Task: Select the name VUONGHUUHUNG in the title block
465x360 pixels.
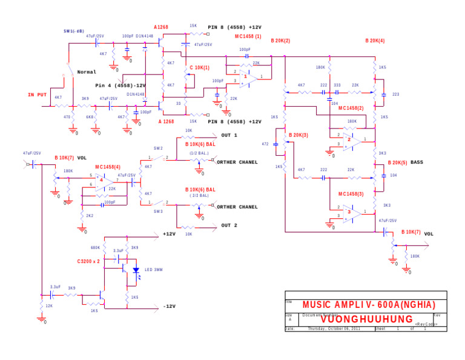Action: point(366,319)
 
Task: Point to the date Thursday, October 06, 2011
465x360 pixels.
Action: point(334,328)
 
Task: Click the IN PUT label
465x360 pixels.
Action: point(37,95)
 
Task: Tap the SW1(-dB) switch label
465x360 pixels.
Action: point(74,31)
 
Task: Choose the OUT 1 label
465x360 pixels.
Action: point(229,135)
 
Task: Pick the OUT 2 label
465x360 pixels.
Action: point(229,225)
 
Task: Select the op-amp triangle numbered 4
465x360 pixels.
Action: point(103,180)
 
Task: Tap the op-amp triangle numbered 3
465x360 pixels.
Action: point(351,213)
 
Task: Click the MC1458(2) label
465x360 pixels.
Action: point(351,108)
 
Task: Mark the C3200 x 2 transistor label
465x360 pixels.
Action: point(88,261)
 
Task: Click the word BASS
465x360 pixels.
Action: point(417,162)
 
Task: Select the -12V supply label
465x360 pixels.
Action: point(169,306)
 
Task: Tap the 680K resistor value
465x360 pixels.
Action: point(95,247)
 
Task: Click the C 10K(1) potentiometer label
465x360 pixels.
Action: point(199,67)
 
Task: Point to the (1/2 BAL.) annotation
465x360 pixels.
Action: point(199,153)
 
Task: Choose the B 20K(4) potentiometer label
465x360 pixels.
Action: point(375,41)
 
